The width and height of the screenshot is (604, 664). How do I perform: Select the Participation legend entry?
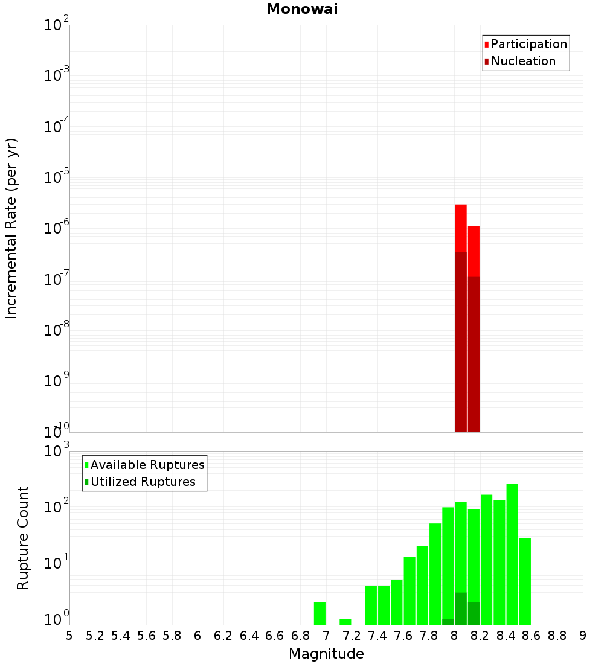529,44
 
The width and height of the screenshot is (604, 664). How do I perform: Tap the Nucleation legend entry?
523,61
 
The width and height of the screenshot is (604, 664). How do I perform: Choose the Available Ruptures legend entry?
147,465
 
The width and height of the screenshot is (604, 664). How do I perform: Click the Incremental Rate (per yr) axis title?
11,228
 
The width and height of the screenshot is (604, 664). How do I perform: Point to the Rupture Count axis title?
23,538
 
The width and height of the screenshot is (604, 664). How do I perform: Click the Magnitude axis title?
326,654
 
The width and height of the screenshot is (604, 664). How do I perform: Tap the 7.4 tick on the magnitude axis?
377,635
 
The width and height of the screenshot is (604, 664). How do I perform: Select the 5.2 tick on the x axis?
95,635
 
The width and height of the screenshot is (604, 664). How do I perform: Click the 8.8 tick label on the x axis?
557,635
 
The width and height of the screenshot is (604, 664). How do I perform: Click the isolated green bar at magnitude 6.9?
320,613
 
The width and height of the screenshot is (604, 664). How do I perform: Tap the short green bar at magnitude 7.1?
345,622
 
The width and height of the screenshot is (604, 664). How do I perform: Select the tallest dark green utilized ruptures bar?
461,608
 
